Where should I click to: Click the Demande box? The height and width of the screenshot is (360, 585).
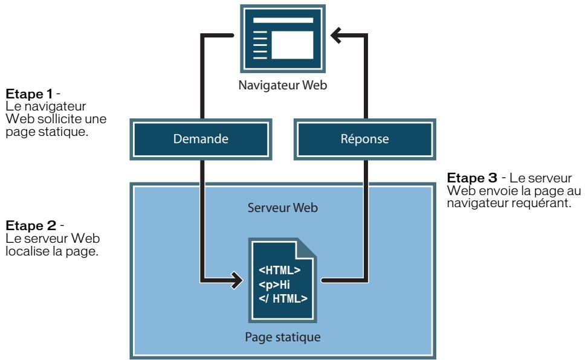pyautogui.click(x=201, y=139)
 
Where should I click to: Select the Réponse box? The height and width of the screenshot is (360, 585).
pyautogui.click(x=365, y=139)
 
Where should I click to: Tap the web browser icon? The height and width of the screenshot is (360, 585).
pyautogui.click(x=283, y=39)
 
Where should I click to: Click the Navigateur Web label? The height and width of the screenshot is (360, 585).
pyautogui.click(x=283, y=85)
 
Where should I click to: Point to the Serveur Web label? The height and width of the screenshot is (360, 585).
pyautogui.click(x=283, y=208)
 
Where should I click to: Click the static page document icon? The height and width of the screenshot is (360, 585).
pyautogui.click(x=283, y=280)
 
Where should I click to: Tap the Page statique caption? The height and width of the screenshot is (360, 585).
pyautogui.click(x=283, y=337)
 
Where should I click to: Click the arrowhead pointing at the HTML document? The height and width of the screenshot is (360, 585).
pyautogui.click(x=236, y=280)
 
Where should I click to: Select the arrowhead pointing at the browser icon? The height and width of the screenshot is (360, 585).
pyautogui.click(x=336, y=36)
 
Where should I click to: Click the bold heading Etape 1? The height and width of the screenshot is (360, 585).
pyautogui.click(x=29, y=94)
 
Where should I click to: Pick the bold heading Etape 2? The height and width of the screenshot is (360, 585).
pyautogui.click(x=31, y=226)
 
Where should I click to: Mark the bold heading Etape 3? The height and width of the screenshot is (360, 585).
pyautogui.click(x=472, y=178)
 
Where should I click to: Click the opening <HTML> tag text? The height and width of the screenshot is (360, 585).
pyautogui.click(x=279, y=270)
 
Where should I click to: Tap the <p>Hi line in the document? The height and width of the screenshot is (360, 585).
pyautogui.click(x=274, y=284)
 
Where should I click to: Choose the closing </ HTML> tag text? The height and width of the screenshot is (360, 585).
pyautogui.click(x=283, y=298)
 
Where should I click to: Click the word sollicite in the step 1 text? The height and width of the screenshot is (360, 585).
pyautogui.click(x=59, y=119)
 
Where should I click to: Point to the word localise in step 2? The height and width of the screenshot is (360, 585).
pyautogui.click(x=27, y=251)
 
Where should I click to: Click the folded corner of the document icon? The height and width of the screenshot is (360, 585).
pyautogui.click(x=306, y=249)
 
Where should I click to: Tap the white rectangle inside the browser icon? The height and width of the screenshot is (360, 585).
pyautogui.click(x=292, y=45)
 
